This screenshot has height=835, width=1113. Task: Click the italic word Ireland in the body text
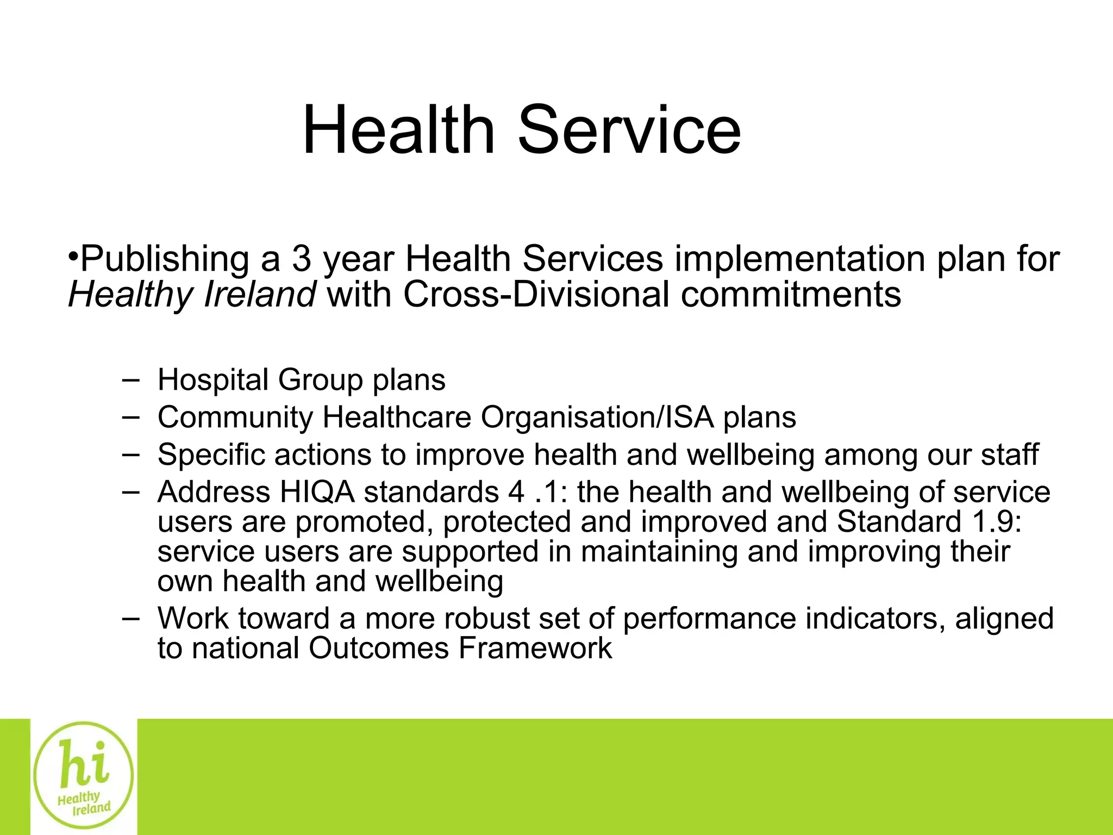[260, 295]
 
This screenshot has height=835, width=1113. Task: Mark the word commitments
[791, 295]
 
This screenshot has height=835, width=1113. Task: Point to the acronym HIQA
[317, 492]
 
